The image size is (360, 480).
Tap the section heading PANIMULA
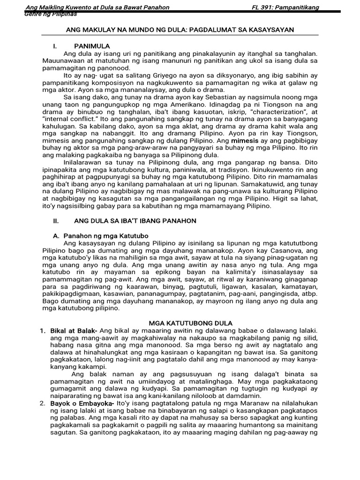[x=92, y=46]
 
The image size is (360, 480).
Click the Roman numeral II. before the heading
[x=54, y=220]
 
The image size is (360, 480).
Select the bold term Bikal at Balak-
[x=74, y=331]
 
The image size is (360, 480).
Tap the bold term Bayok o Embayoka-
[x=82, y=403]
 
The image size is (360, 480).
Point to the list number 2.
[x=42, y=403]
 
